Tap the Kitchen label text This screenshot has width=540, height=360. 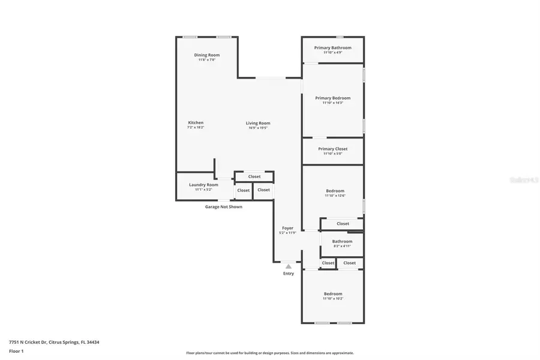196,123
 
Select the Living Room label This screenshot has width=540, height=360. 258,123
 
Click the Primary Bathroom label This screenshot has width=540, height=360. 333,48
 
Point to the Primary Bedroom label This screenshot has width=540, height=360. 333,98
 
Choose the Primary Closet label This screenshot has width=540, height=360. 333,149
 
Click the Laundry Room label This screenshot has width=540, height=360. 203,185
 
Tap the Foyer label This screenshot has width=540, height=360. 288,228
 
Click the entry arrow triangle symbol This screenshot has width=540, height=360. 289,266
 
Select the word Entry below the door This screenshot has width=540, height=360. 289,274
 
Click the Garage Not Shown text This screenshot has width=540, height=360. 224,207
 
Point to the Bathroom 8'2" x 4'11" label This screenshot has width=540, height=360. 342,242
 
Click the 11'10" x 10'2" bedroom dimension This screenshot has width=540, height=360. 333,299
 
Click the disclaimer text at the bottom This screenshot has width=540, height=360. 270,353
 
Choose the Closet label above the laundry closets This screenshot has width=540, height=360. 254,176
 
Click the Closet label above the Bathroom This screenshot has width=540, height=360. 343,224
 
